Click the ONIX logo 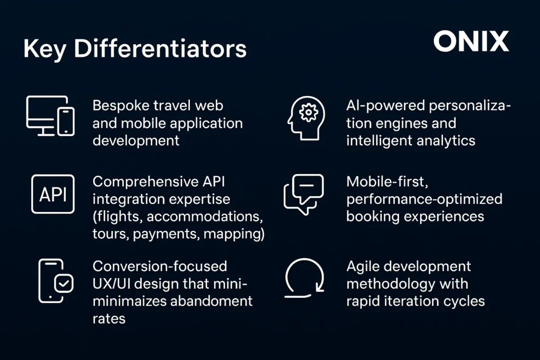471,41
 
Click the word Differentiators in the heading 160,48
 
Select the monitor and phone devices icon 50,115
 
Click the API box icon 53,194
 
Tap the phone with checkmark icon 56,281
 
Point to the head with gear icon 306,118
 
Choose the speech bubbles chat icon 304,194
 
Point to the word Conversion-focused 160,266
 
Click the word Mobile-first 387,182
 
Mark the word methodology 388,284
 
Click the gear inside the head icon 308,112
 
